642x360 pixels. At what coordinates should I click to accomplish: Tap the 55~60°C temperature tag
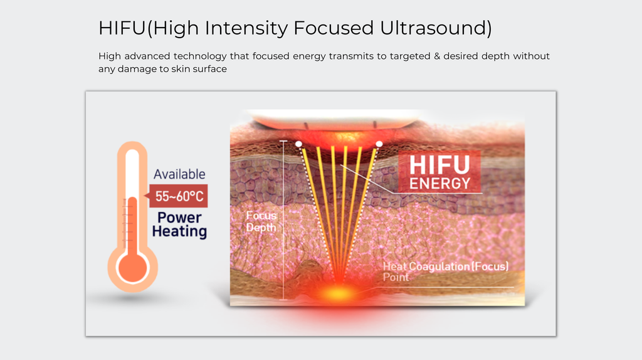[x=179, y=197]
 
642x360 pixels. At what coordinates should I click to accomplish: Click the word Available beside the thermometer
[x=179, y=174]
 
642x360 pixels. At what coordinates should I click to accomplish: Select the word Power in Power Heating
[x=179, y=218]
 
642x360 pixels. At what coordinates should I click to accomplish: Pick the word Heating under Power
[x=179, y=231]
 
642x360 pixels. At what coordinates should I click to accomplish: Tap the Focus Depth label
[x=261, y=221]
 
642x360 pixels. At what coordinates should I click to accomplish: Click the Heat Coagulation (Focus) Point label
[x=445, y=272]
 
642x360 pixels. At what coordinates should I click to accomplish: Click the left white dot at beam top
[x=299, y=144]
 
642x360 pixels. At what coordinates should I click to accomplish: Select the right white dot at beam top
[x=379, y=144]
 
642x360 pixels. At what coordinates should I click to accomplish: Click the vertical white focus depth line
[x=283, y=220]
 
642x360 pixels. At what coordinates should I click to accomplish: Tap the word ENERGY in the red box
[x=439, y=183]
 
